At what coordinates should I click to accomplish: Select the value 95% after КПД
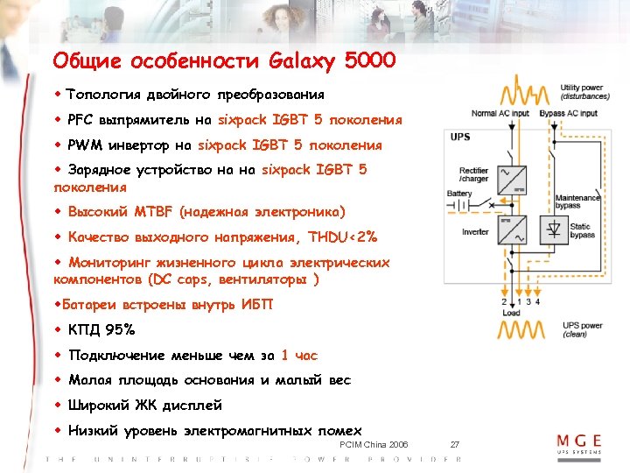pos(119,330)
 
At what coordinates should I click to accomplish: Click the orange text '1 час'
pos(299,356)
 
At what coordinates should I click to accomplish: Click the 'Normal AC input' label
pos(500,113)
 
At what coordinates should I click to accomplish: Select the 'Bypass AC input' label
pos(569,113)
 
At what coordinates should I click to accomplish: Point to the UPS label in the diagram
pos(460,138)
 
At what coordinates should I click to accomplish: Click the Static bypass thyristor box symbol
pos(553,231)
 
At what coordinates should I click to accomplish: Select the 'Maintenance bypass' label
pos(578,203)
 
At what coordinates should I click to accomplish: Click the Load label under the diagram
pos(512,313)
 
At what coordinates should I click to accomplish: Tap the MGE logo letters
pos(580,441)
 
